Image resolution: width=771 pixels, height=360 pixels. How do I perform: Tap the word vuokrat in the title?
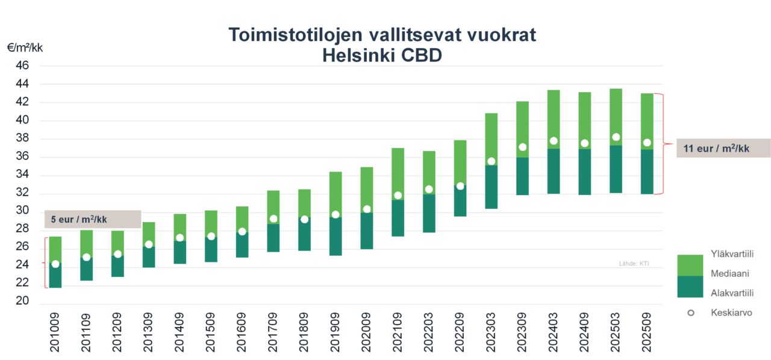pyautogui.click(x=499, y=36)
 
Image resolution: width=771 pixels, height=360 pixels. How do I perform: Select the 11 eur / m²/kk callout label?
pyautogui.click(x=716, y=148)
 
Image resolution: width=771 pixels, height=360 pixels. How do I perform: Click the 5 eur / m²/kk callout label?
pyautogui.click(x=92, y=219)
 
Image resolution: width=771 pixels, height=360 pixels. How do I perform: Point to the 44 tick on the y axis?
pyautogui.click(x=21, y=84)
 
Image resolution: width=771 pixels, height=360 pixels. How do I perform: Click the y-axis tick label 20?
pyautogui.click(x=21, y=301)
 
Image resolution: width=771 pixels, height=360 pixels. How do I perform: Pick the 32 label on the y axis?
pyautogui.click(x=21, y=193)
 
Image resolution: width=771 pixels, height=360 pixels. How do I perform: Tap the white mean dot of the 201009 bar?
pyautogui.click(x=55, y=264)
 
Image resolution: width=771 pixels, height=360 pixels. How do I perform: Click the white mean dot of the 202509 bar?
pyautogui.click(x=647, y=143)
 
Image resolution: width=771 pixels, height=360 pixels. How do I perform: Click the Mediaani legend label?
pyautogui.click(x=729, y=273)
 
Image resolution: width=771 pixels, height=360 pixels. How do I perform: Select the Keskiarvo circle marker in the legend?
pyautogui.click(x=690, y=313)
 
